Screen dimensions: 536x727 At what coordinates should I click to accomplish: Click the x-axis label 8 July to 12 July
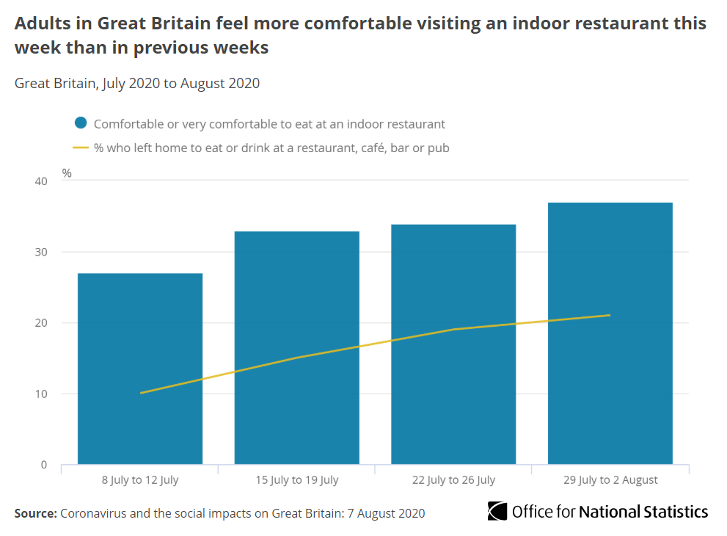click(x=140, y=480)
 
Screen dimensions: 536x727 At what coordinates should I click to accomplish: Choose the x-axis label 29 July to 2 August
click(x=610, y=480)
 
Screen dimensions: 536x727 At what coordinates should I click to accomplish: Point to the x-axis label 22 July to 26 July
click(x=453, y=480)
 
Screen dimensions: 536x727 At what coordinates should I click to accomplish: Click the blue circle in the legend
click(x=81, y=124)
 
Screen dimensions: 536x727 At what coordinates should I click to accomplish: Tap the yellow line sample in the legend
click(x=81, y=148)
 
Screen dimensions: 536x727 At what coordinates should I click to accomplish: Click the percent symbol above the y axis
click(x=67, y=173)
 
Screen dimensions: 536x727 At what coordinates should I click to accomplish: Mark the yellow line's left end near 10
click(x=141, y=393)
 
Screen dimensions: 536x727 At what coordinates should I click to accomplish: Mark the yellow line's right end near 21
click(x=610, y=315)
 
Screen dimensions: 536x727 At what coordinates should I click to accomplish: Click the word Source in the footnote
click(x=34, y=513)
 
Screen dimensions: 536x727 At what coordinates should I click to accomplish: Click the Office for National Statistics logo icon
click(x=497, y=512)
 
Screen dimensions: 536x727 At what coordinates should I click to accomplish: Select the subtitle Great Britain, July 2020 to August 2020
click(x=137, y=83)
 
